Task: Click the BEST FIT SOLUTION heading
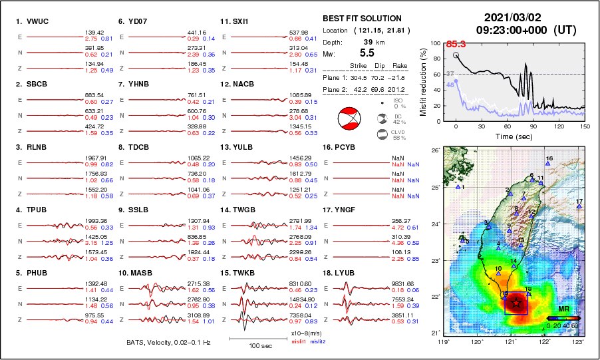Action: [x=361, y=19]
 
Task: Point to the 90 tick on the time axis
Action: [x=533, y=126]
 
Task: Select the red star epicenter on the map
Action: [x=516, y=303]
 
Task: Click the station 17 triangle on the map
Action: [x=580, y=206]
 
